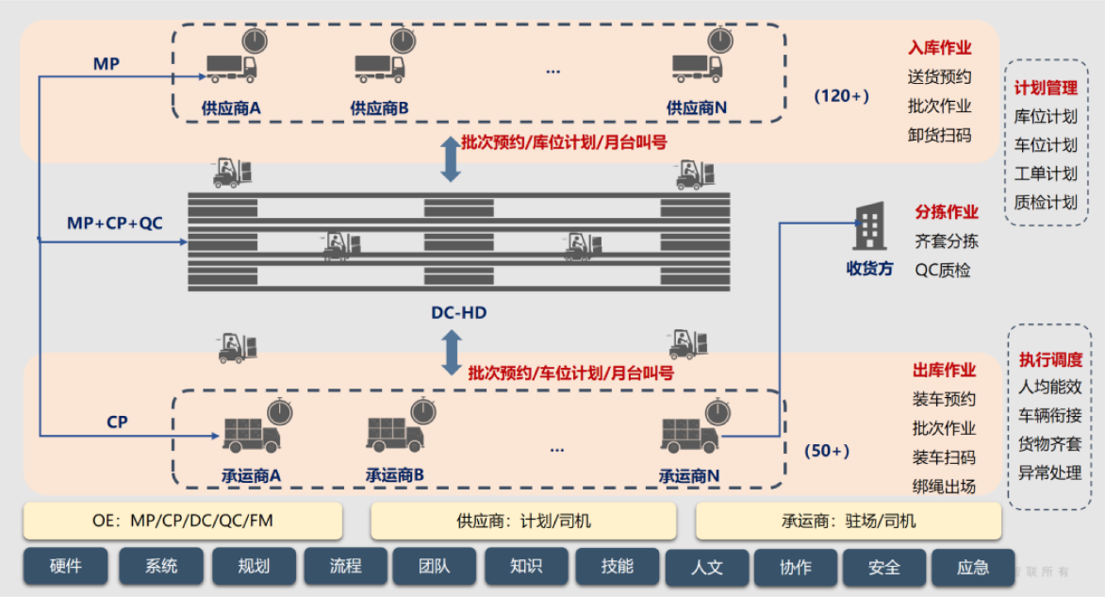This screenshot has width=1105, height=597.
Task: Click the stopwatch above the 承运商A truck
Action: point(279,412)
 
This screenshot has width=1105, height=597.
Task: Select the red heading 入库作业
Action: point(939,48)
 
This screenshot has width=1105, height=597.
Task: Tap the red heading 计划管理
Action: point(1046,88)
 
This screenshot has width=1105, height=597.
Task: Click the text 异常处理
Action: point(1049,473)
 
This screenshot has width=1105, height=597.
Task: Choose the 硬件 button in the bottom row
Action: point(66,567)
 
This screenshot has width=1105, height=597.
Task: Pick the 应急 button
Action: point(973,568)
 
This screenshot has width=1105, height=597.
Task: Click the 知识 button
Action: point(526,567)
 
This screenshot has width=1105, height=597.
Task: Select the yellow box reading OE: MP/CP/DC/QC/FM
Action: point(183,520)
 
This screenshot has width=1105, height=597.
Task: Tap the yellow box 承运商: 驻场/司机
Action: point(849,521)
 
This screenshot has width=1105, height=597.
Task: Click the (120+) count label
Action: point(841,96)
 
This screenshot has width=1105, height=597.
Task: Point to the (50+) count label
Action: point(827,452)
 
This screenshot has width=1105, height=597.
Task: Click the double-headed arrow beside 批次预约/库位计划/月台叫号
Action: point(451,158)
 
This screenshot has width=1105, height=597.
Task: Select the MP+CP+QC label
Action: point(115,223)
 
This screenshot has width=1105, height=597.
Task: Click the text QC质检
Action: point(943,270)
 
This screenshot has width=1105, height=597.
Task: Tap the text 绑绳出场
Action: point(944,487)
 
